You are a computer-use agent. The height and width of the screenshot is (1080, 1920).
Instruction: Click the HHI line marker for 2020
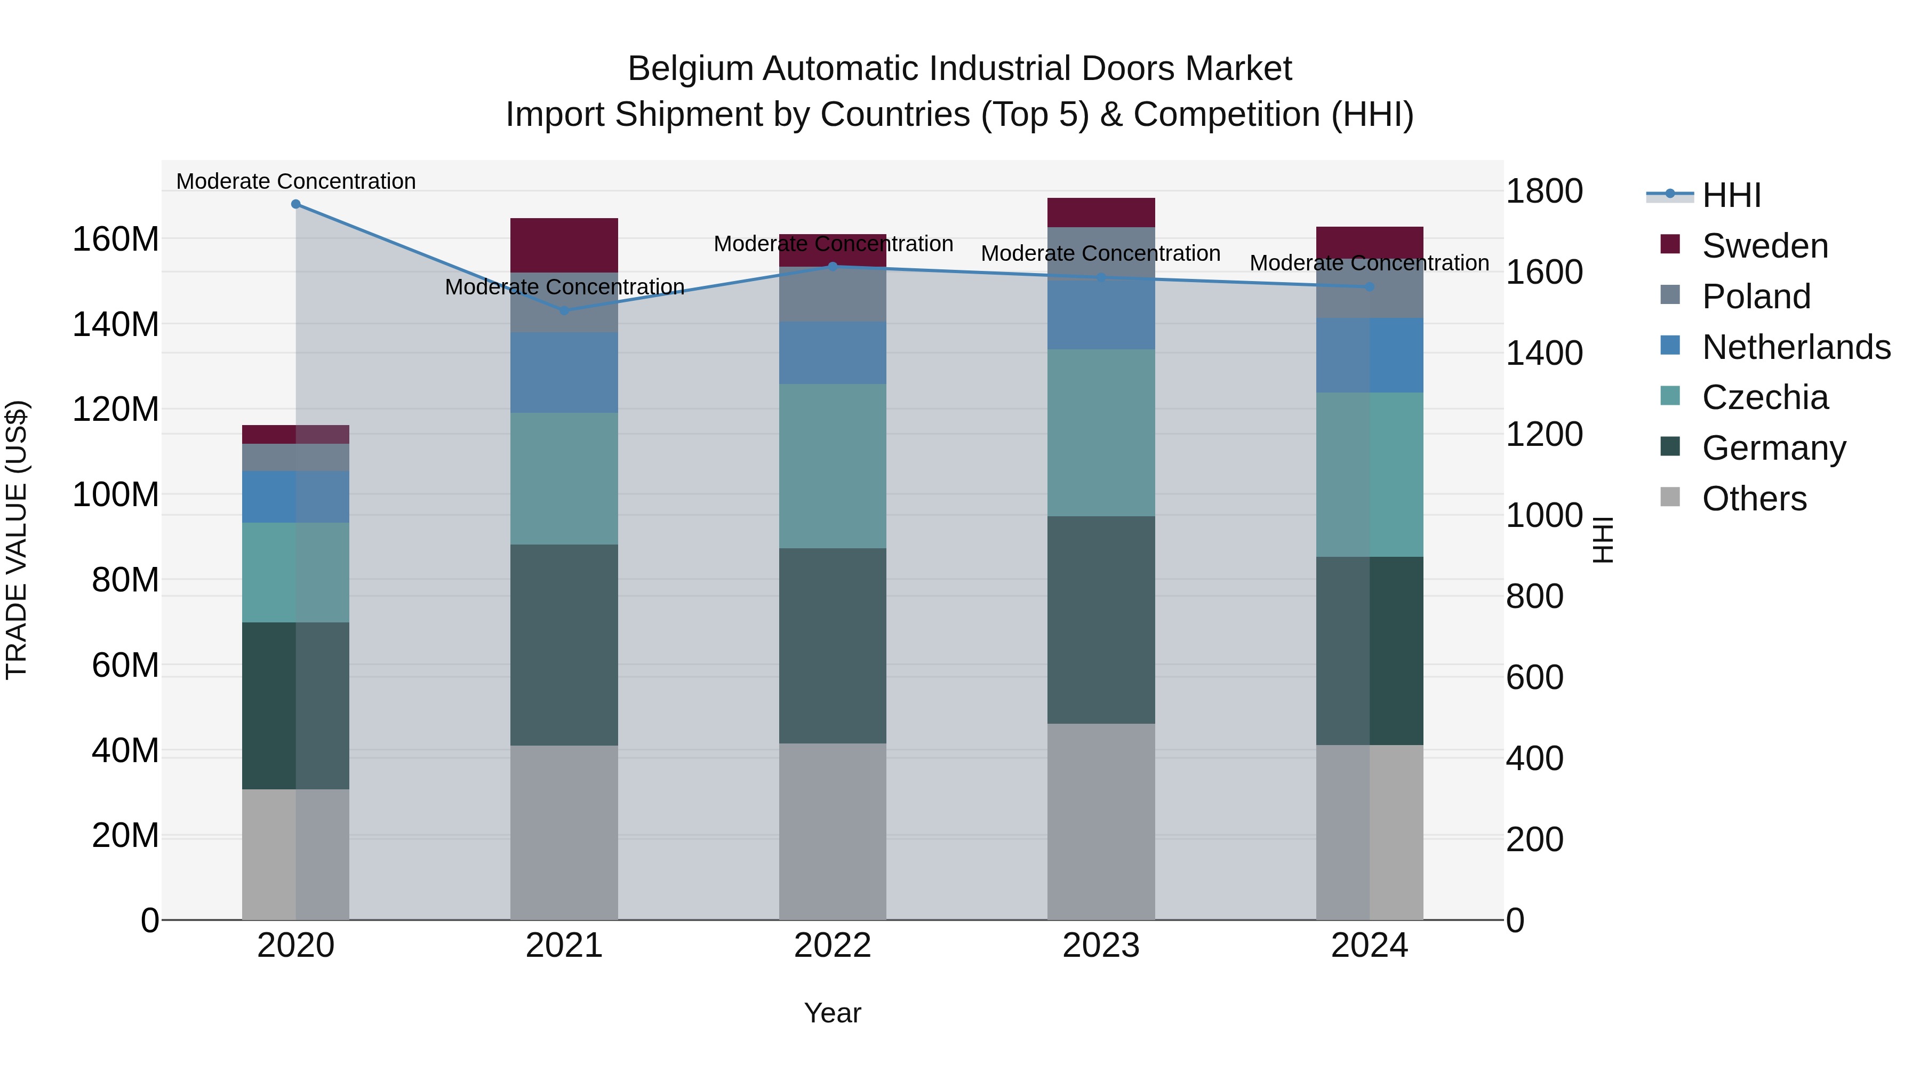click(296, 204)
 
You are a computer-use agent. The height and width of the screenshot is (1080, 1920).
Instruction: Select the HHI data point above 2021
click(564, 310)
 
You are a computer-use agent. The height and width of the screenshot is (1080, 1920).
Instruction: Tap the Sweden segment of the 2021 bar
click(564, 245)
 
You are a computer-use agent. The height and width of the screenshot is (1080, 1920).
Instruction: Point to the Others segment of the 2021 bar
click(564, 832)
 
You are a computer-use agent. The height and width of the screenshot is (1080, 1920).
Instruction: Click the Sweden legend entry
click(1764, 246)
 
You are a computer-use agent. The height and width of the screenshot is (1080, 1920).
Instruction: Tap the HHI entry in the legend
click(1731, 195)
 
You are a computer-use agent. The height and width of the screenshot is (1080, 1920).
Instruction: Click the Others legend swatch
click(1670, 497)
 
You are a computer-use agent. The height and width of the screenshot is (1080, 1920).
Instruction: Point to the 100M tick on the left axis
click(116, 495)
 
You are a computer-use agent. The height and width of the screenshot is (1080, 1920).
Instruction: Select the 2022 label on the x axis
click(833, 946)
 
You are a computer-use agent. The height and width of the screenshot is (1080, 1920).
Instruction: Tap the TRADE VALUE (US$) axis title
click(17, 540)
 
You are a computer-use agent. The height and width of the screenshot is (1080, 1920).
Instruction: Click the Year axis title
click(833, 1013)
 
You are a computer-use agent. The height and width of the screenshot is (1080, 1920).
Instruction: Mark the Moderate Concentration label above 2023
click(1100, 253)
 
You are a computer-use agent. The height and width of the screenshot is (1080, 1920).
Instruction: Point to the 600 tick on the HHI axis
click(1534, 677)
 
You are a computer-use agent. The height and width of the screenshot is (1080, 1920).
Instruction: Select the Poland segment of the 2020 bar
click(296, 457)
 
